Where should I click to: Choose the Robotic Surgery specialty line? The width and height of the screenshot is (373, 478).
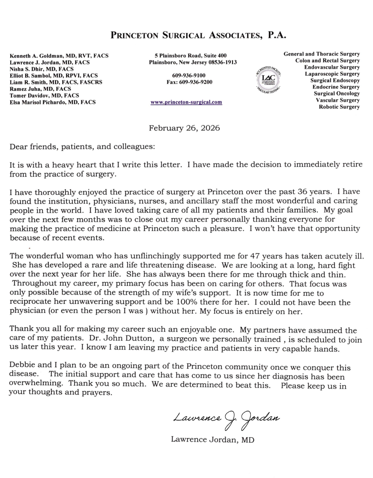click(339, 107)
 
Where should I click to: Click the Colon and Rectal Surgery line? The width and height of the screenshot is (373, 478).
click(327, 61)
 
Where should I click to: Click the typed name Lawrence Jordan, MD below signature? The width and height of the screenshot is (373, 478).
click(212, 439)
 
